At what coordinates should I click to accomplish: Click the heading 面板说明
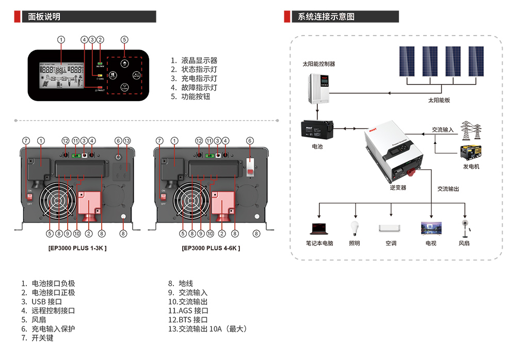pyautogui.click(x=44, y=17)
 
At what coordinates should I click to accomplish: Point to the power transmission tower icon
pyautogui.click(x=470, y=129)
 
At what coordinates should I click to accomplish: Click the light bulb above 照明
pyautogui.click(x=354, y=227)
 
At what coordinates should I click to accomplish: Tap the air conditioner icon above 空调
pyautogui.click(x=390, y=228)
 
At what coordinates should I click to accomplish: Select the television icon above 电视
pyautogui.click(x=430, y=228)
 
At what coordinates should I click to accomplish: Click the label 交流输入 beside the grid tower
pyautogui.click(x=443, y=129)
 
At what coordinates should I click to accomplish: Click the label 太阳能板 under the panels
pyautogui.click(x=439, y=100)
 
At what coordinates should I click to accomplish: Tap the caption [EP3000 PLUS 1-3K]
pyautogui.click(x=77, y=248)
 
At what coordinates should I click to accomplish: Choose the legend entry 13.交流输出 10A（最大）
pyautogui.click(x=208, y=329)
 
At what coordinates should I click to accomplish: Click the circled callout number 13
pyautogui.click(x=127, y=140)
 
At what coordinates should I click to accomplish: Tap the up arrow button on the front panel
pyautogui.click(x=124, y=62)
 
